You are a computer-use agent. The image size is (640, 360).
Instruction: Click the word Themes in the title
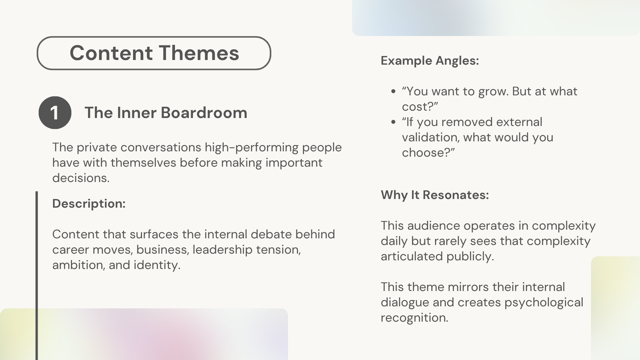199,53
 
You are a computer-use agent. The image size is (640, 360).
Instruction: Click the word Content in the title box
111,53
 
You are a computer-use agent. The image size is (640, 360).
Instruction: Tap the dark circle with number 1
55,113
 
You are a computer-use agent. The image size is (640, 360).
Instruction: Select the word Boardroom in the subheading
204,113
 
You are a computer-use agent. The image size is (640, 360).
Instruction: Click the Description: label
89,204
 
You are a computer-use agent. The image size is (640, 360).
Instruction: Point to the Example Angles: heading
430,61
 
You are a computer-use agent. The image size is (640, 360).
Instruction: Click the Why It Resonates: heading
435,195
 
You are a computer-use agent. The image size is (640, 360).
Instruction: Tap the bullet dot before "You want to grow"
394,92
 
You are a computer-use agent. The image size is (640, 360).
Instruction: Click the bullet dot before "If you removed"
394,122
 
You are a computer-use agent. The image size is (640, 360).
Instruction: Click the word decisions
81,178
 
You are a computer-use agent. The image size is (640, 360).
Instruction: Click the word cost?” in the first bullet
420,107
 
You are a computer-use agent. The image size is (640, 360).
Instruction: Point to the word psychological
544,303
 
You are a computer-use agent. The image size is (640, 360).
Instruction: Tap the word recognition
414,318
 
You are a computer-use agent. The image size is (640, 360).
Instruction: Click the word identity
157,265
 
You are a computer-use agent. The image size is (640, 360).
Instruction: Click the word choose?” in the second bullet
428,153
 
